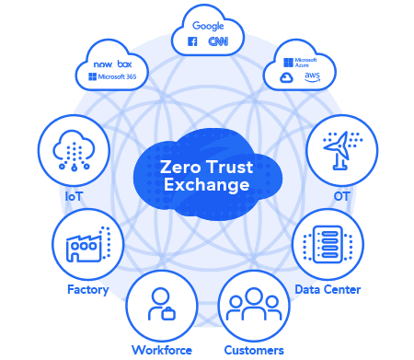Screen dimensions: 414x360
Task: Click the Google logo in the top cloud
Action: click(x=208, y=26)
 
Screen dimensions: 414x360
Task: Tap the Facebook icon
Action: click(x=193, y=41)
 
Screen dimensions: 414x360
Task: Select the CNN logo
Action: click(x=217, y=41)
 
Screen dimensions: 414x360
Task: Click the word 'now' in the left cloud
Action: click(x=102, y=65)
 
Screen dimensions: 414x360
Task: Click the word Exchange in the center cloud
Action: click(x=205, y=185)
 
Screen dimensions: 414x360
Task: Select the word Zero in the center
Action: click(x=181, y=167)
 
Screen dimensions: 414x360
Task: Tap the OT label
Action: click(x=341, y=196)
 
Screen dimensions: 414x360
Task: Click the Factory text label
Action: click(x=87, y=290)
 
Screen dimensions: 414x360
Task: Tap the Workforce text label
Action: click(x=161, y=350)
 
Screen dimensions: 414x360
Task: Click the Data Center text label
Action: click(x=328, y=290)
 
